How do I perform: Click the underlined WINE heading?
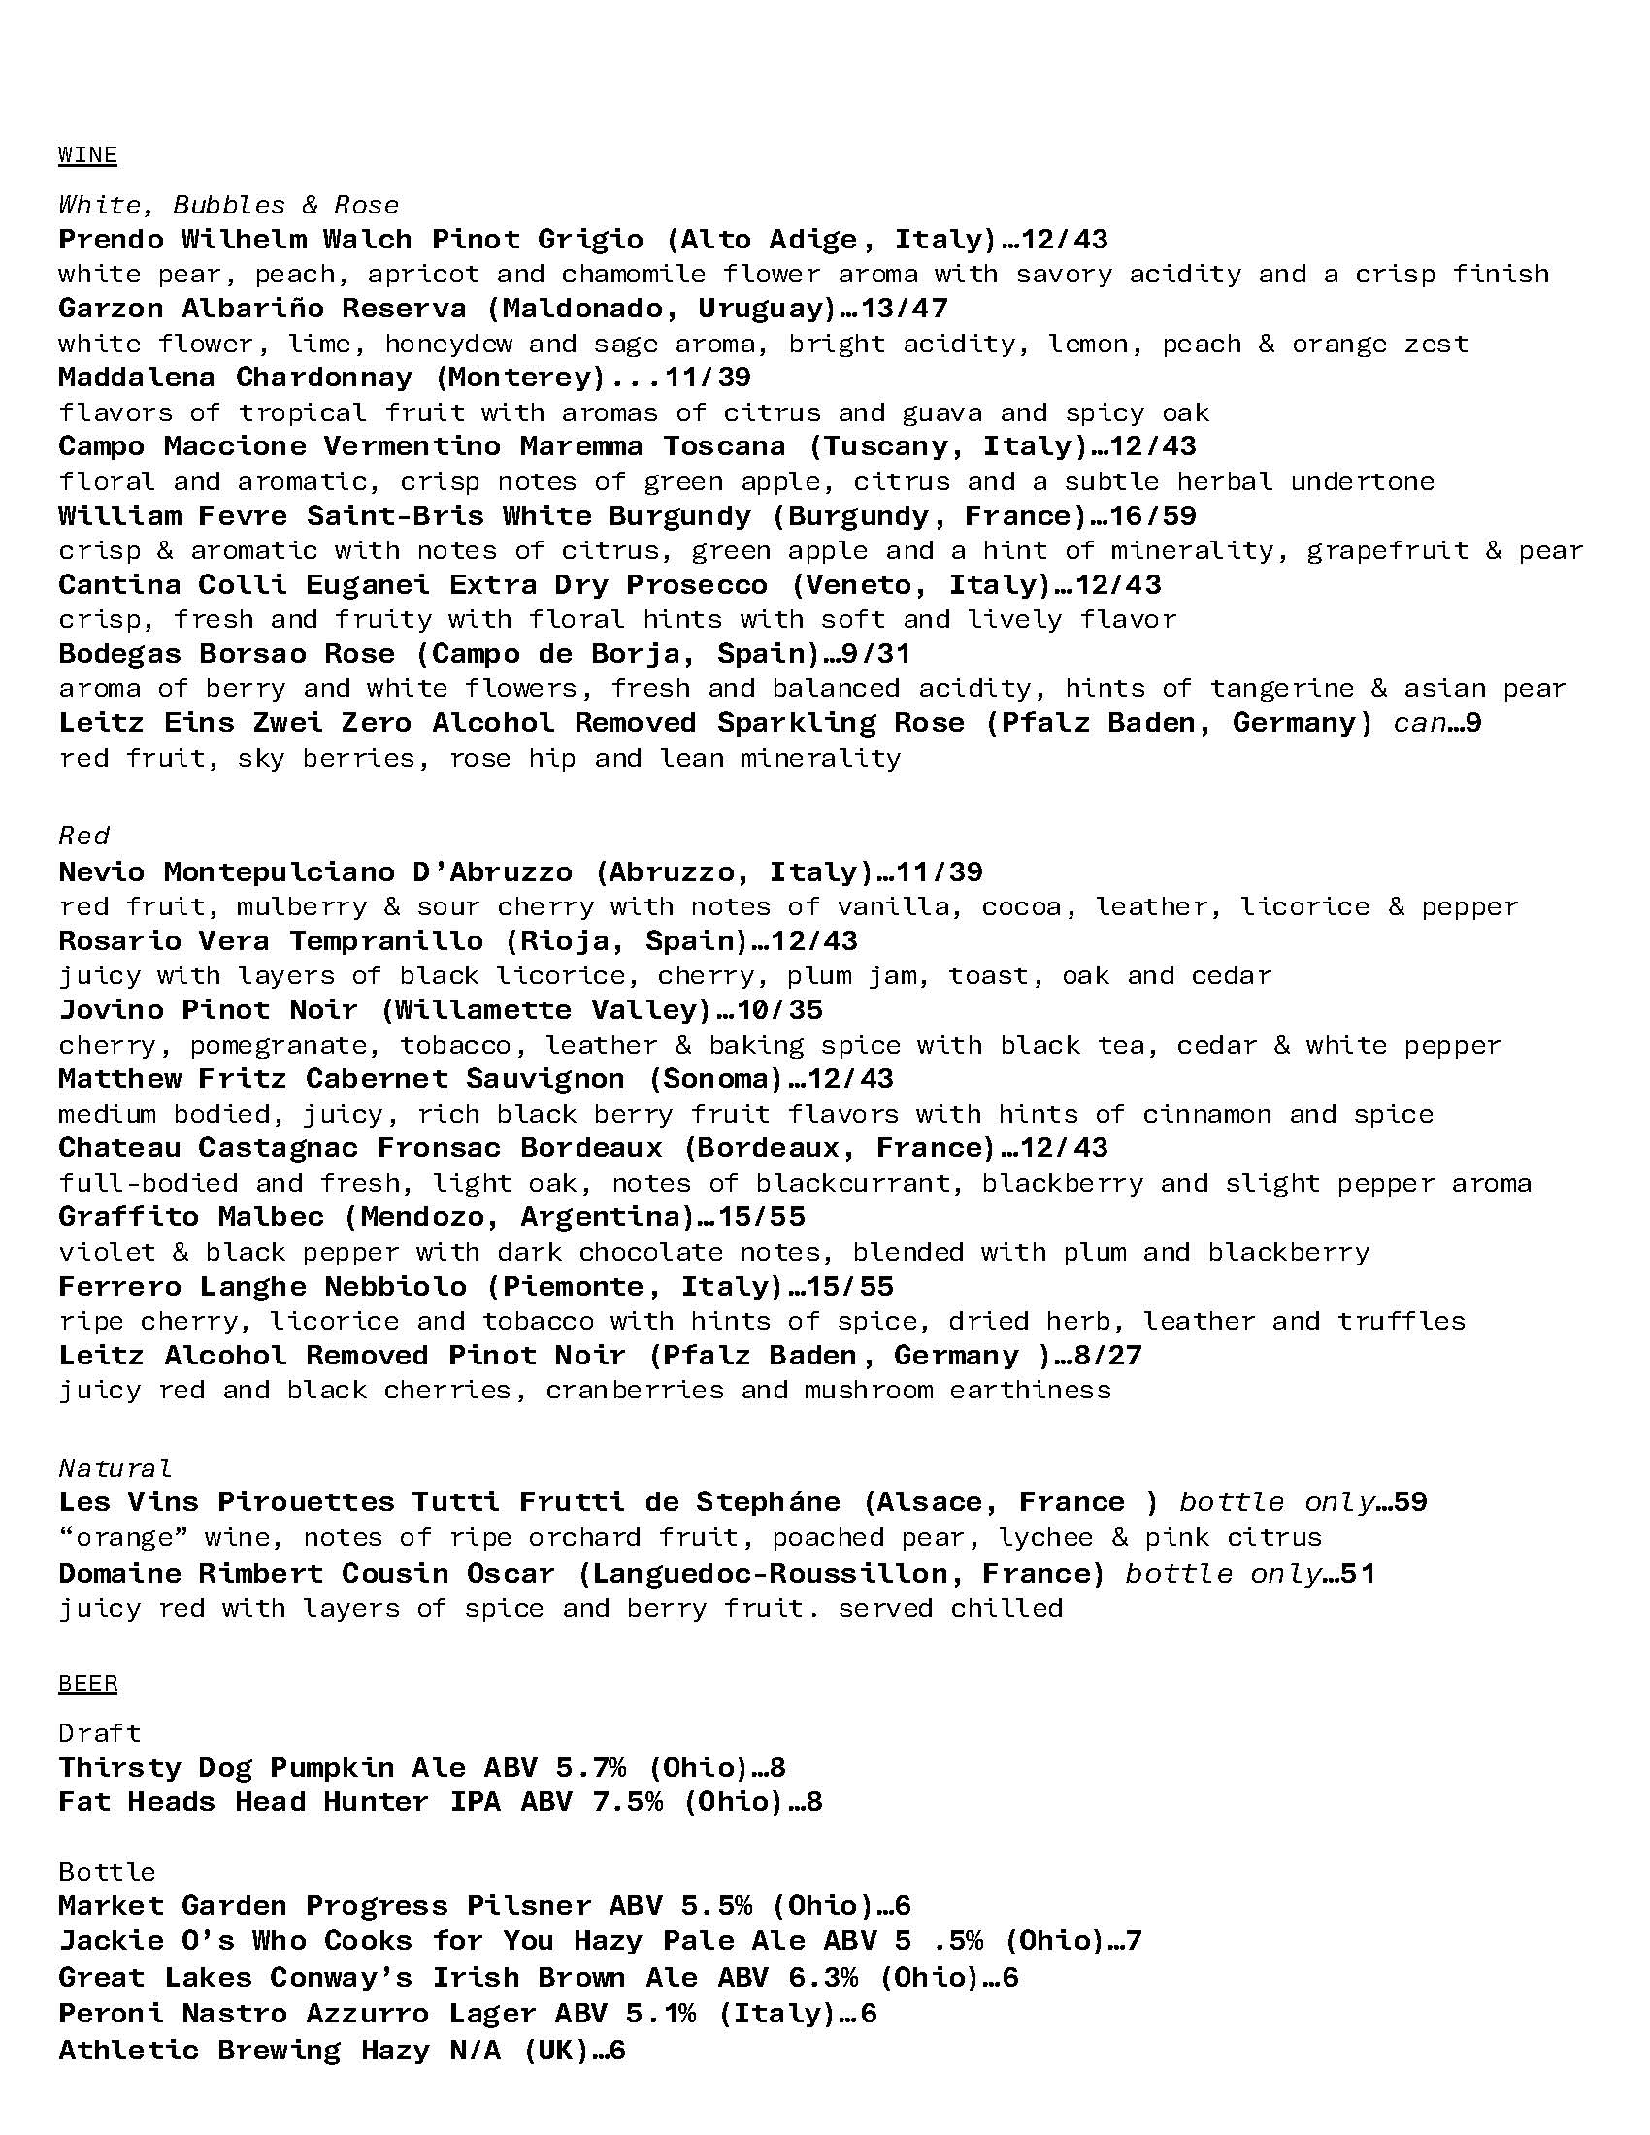pyautogui.click(x=88, y=154)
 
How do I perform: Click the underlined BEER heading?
pyautogui.click(x=88, y=1683)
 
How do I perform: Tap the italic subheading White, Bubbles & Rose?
pyautogui.click(x=229, y=205)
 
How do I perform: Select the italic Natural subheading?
pyautogui.click(x=115, y=1467)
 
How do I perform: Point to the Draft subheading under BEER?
pyautogui.click(x=100, y=1732)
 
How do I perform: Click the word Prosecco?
pyautogui.click(x=697, y=584)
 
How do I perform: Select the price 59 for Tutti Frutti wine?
pyautogui.click(x=1409, y=1501)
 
